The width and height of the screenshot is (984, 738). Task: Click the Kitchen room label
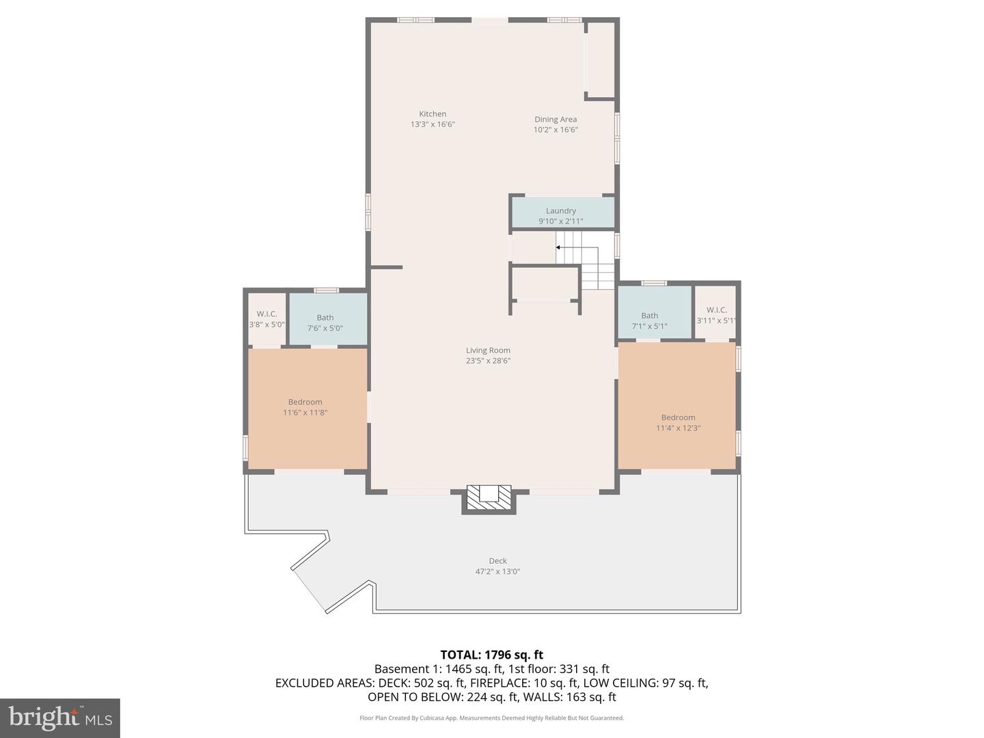(433, 114)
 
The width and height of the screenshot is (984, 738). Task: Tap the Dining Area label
(556, 120)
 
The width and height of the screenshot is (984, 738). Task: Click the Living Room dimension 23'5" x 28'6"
(489, 361)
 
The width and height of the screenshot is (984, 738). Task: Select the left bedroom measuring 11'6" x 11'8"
(306, 408)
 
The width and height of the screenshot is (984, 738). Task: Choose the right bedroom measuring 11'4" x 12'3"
(677, 422)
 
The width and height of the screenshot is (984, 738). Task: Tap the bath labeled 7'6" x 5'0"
(326, 323)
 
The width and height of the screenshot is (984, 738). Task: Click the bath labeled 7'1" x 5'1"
(650, 320)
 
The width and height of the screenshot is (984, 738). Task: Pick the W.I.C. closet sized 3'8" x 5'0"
(266, 319)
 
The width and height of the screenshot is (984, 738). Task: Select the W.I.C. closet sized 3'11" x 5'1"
(715, 315)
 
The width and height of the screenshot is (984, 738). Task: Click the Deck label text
(497, 561)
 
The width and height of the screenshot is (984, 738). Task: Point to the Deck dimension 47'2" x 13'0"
(497, 572)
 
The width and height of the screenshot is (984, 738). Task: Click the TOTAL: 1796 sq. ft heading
(492, 655)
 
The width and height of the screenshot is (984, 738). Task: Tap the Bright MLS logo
(60, 717)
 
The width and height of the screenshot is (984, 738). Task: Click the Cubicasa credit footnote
(492, 718)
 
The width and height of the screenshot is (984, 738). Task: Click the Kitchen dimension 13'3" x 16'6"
(433, 125)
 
